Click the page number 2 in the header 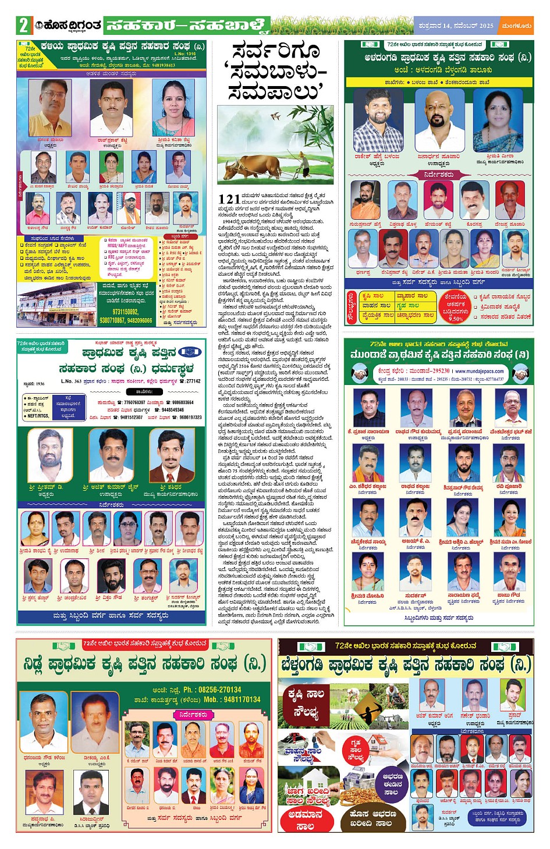coord(23,26)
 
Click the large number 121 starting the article coord(229,199)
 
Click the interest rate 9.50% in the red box coord(456,319)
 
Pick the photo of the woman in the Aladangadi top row coord(499,121)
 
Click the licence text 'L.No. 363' coord(71,381)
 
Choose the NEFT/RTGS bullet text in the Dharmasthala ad coord(38,416)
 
